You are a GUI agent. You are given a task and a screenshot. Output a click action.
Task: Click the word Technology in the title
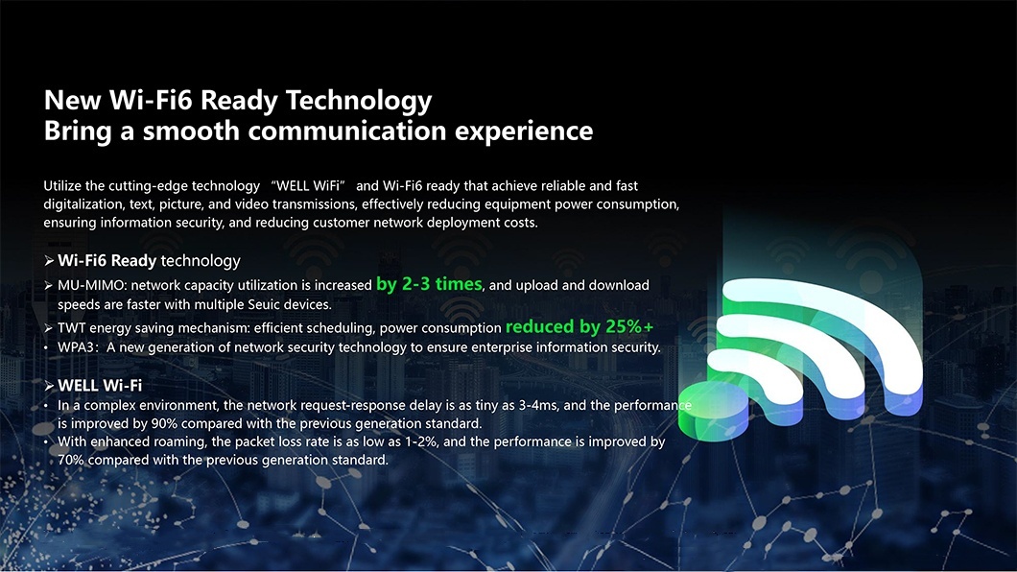[x=359, y=101]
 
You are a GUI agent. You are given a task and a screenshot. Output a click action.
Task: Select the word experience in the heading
[x=524, y=131]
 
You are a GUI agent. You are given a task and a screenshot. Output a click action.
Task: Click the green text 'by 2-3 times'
[x=429, y=284]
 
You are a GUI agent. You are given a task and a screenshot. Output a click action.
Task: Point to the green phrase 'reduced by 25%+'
[x=579, y=326]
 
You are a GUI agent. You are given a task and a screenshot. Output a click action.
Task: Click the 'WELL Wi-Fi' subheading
[x=100, y=385]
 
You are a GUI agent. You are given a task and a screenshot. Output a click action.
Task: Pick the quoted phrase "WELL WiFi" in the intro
[x=309, y=185]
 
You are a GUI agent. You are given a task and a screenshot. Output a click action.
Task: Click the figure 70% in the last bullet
[x=71, y=460]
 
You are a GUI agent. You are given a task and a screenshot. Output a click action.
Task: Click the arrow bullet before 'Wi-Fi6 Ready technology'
[x=49, y=261]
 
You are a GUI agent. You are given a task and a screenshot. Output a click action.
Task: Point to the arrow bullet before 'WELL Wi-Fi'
[x=49, y=386]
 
